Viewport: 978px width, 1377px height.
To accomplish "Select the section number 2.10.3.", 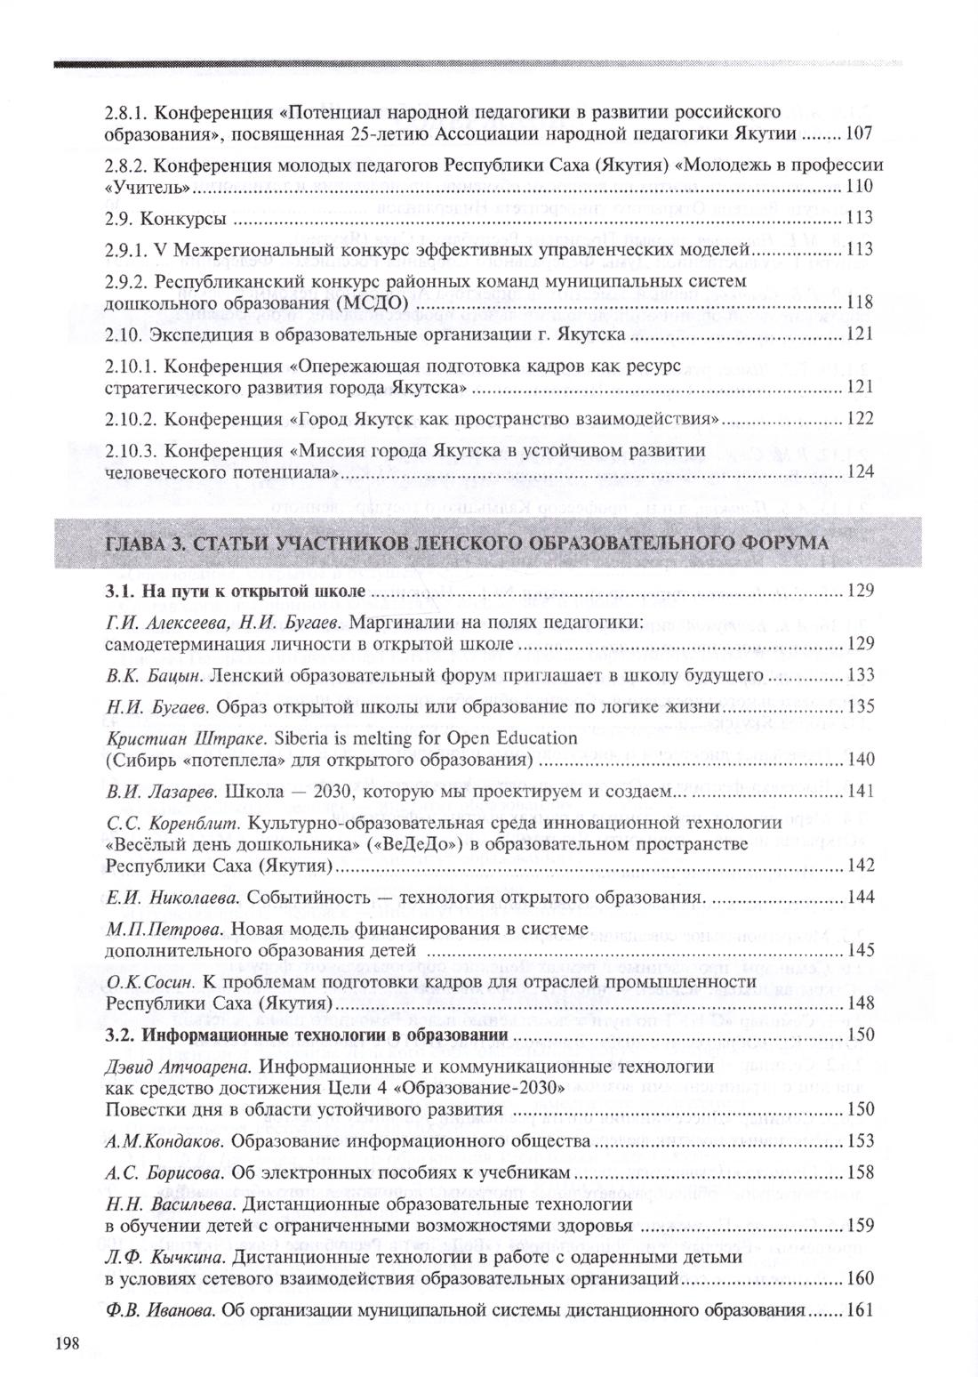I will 131,450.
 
